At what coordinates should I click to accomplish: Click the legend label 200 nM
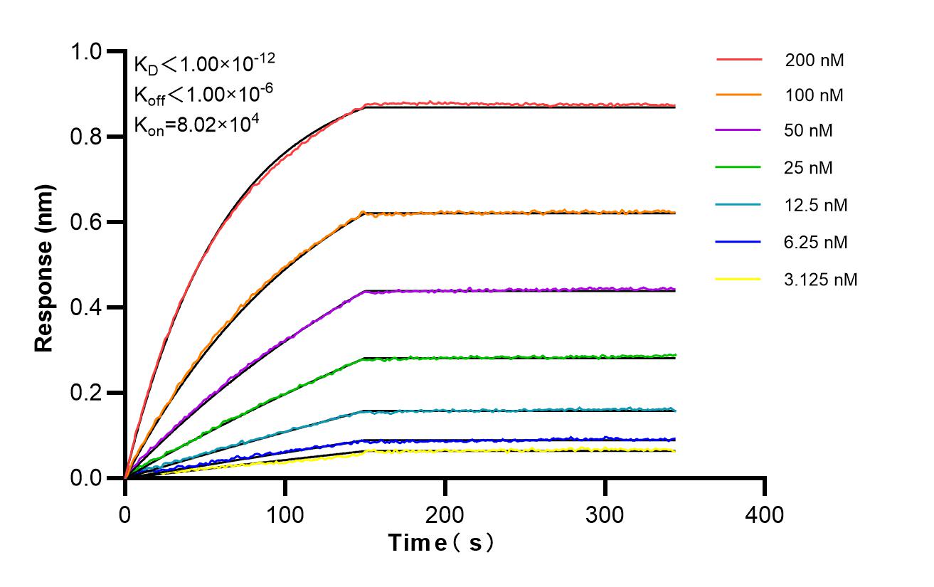pos(814,60)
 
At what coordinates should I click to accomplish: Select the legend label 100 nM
pos(814,95)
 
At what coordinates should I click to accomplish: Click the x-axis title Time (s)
pos(441,543)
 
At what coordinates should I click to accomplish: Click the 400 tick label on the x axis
pos(765,514)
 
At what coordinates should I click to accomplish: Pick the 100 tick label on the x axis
pos(285,514)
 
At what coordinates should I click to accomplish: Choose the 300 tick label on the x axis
pos(605,514)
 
